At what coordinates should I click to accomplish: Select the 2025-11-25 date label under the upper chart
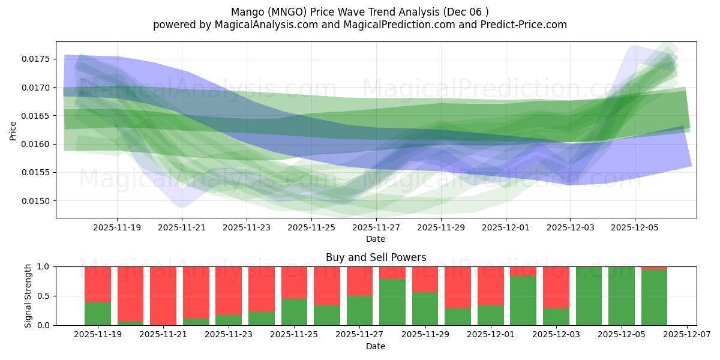[x=311, y=228]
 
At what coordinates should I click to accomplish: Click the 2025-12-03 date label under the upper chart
[x=570, y=228]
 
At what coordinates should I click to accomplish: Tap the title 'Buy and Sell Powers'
[x=376, y=257]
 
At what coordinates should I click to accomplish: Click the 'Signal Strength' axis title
[x=28, y=296]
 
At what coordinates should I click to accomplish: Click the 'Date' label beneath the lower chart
[x=376, y=346]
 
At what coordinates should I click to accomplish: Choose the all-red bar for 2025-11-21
[x=163, y=296]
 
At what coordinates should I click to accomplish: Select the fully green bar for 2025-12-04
[x=589, y=296]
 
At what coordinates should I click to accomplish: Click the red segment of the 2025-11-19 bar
[x=98, y=284]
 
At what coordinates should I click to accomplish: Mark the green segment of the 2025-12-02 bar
[x=523, y=301]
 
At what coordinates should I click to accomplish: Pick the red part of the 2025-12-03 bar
[x=556, y=287]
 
